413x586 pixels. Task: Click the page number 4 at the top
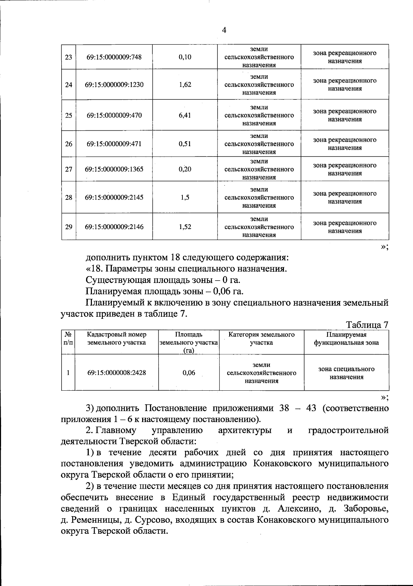point(224,30)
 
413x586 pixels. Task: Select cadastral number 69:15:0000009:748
point(114,57)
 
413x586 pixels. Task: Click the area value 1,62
point(185,85)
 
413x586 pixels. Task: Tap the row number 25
point(68,116)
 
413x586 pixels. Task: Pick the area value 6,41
point(185,115)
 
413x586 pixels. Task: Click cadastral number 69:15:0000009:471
point(114,144)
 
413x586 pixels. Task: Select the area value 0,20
point(185,169)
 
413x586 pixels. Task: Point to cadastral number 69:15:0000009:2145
point(114,197)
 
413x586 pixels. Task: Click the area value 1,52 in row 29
point(185,227)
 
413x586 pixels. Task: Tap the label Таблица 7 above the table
point(367,325)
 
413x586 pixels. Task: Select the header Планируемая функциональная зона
point(346,338)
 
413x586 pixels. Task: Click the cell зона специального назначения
point(346,373)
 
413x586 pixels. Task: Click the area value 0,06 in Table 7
point(189,373)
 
